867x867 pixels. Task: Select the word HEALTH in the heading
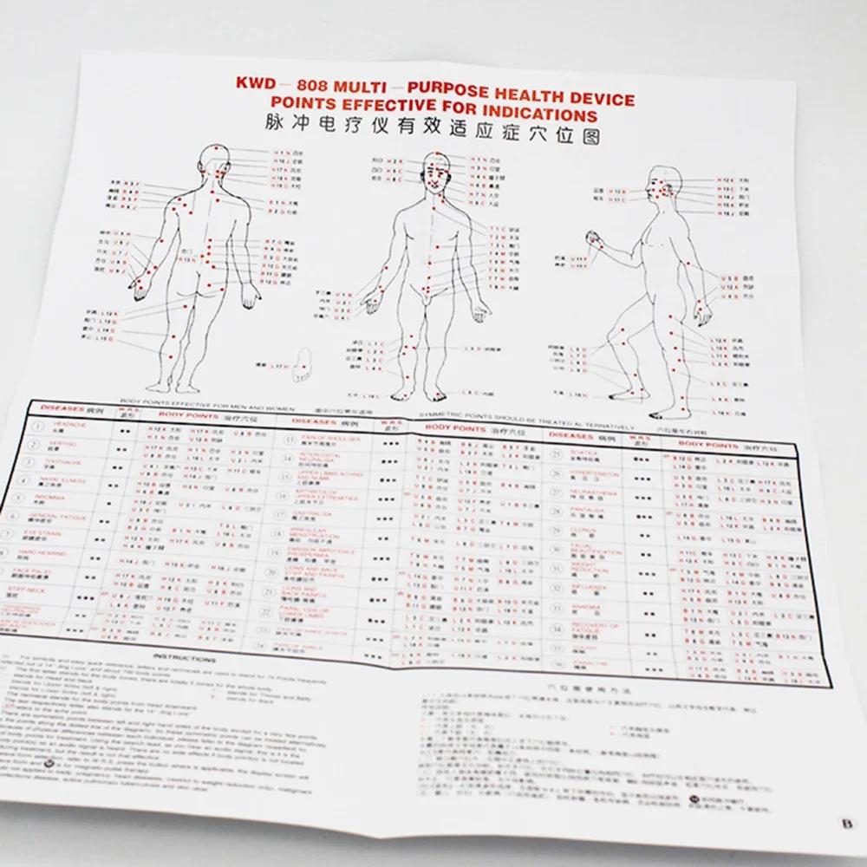(537, 96)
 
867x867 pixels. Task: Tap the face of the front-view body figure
(434, 177)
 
